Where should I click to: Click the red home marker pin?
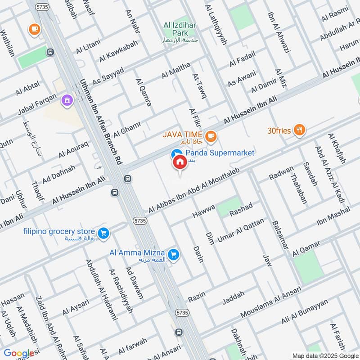pyautogui.click(x=179, y=163)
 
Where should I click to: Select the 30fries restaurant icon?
pyautogui.click(x=299, y=130)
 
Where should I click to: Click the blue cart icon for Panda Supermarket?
pyautogui.click(x=176, y=153)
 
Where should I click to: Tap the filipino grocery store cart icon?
pyautogui.click(x=103, y=233)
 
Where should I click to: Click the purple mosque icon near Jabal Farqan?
pyautogui.click(x=67, y=99)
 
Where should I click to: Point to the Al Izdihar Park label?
pyautogui.click(x=180, y=30)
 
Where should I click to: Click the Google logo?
pyautogui.click(x=19, y=353)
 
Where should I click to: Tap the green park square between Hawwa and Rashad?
pyautogui.click(x=229, y=207)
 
